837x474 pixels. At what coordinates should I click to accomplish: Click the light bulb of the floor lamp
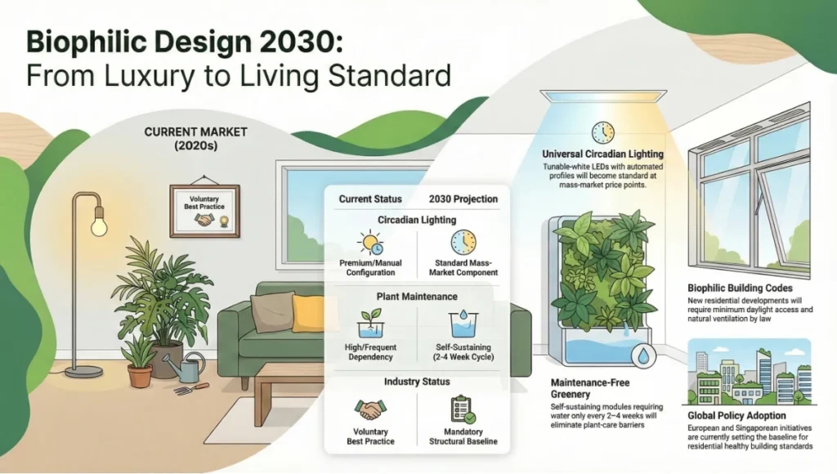[98, 222]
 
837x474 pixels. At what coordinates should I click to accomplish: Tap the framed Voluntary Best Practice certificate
[204, 210]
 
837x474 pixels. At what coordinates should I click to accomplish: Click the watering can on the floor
[187, 369]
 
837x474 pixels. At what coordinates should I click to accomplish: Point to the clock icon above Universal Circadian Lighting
[603, 132]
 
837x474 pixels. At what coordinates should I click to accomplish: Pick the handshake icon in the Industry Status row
[369, 408]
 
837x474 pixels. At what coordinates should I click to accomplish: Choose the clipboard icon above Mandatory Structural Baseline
[462, 408]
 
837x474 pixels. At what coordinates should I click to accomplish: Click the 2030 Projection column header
[463, 199]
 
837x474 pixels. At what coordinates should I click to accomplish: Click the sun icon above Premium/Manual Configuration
[370, 242]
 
